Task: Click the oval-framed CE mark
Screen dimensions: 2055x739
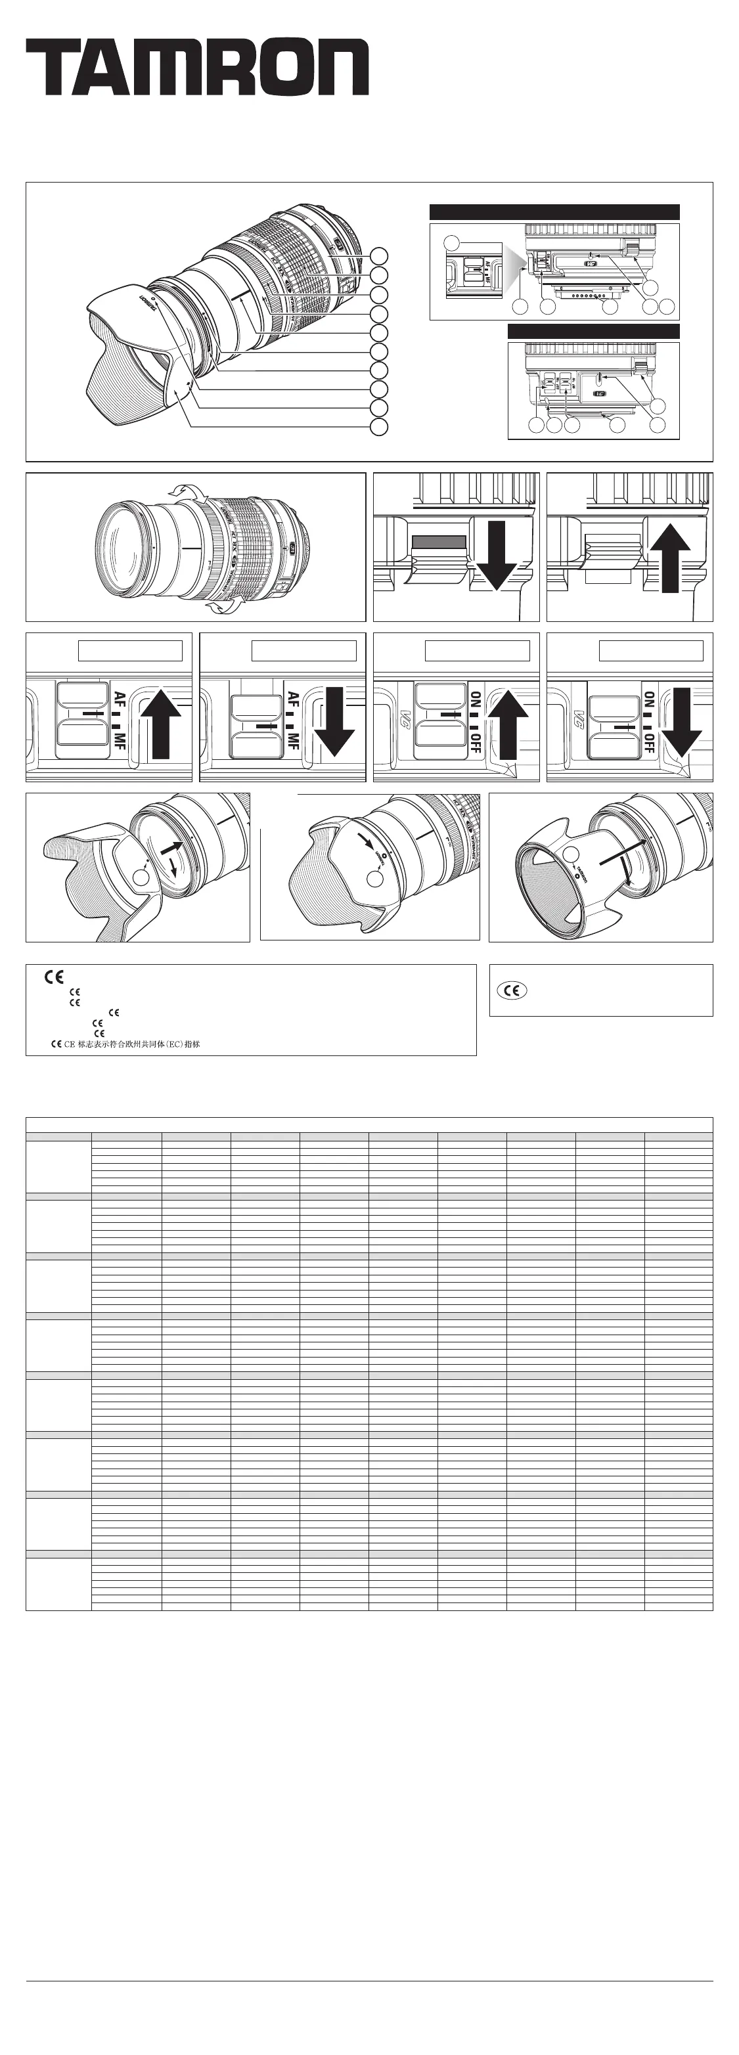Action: point(512,990)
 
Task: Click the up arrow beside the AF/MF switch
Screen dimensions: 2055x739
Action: point(161,724)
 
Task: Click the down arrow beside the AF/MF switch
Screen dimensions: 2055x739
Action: point(334,721)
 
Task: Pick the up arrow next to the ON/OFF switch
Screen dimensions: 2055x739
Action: point(508,724)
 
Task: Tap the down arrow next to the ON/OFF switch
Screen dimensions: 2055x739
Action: point(682,721)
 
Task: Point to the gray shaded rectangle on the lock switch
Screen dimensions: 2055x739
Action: point(438,542)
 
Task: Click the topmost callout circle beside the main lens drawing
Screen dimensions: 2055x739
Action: point(379,255)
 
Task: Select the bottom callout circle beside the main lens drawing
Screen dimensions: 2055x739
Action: point(379,427)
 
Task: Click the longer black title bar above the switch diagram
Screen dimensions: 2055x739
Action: point(554,212)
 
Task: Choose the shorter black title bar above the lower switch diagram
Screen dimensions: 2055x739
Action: point(593,331)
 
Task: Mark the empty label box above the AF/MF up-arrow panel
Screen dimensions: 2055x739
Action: point(130,651)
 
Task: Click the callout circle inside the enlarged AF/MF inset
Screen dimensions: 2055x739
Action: point(452,243)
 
